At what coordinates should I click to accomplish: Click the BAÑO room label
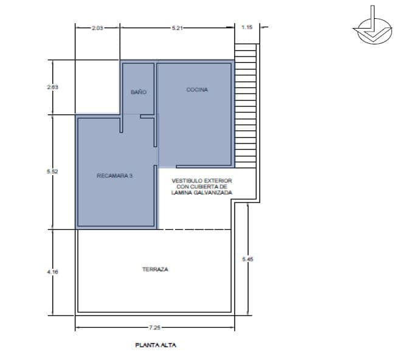[139, 92]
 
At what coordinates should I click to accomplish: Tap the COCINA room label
[197, 89]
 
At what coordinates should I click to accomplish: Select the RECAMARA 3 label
[115, 176]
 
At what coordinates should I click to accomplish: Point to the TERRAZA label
[155, 269]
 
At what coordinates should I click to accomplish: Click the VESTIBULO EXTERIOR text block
[202, 186]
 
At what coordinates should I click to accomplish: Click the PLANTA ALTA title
[155, 345]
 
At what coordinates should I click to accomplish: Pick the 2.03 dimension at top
[98, 27]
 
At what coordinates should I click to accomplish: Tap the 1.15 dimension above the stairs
[247, 27]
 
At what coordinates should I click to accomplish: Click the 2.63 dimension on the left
[53, 88]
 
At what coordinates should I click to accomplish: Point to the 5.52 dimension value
[52, 172]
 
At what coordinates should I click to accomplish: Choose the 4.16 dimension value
[52, 272]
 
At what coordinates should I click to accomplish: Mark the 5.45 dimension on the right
[247, 259]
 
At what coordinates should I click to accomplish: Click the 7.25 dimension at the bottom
[156, 329]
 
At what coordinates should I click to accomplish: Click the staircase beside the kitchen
[247, 103]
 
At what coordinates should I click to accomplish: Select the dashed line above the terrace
[195, 229]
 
